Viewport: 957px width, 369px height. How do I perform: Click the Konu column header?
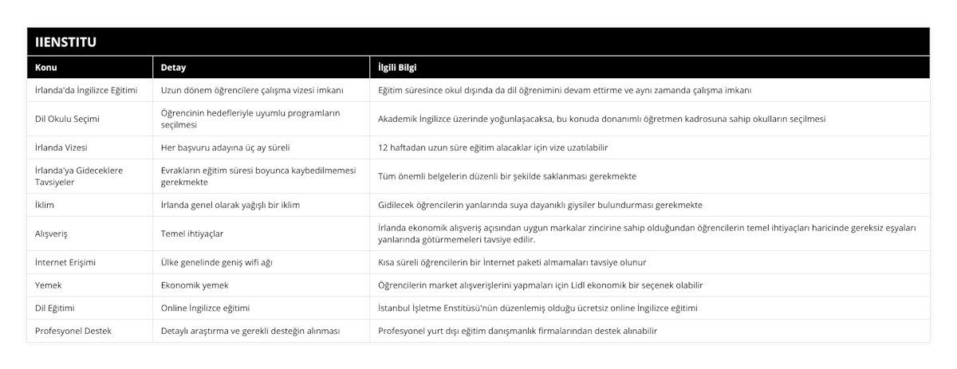46,67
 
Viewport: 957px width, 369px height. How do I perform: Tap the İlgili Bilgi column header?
398,67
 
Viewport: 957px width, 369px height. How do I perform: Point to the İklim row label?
45,205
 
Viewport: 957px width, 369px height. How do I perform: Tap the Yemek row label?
49,285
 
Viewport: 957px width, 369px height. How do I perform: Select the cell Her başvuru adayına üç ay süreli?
225,147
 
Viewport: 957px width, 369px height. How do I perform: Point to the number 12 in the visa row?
383,147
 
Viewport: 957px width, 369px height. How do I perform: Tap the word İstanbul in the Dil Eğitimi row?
396,308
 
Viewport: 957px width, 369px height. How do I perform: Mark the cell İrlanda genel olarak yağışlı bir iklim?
230,205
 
